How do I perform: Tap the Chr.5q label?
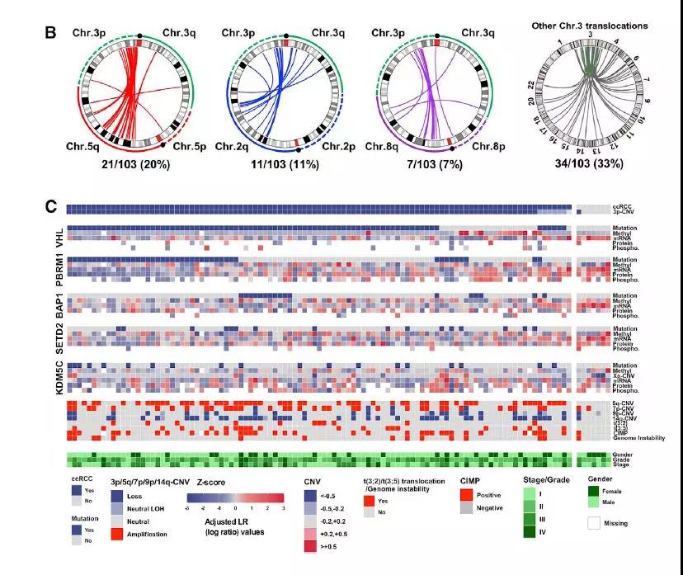pos(85,146)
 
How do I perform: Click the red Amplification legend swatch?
pos(117,535)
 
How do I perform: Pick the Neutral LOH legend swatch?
pos(117,509)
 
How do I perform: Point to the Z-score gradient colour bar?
pos(235,497)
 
